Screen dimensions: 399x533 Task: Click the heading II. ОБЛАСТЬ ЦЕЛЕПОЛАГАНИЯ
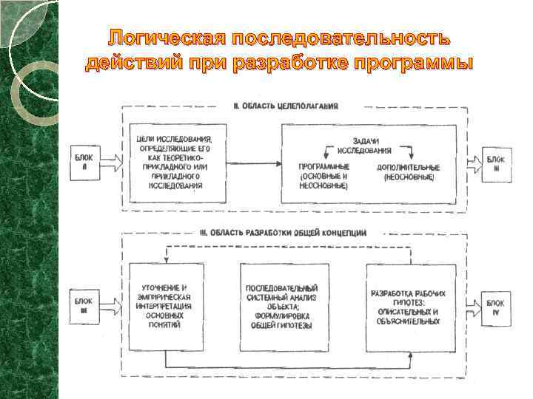pos(286,106)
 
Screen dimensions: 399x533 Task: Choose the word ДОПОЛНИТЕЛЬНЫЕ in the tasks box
pos(408,168)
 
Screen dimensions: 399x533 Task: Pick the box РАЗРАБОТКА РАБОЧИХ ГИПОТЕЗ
pos(406,306)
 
